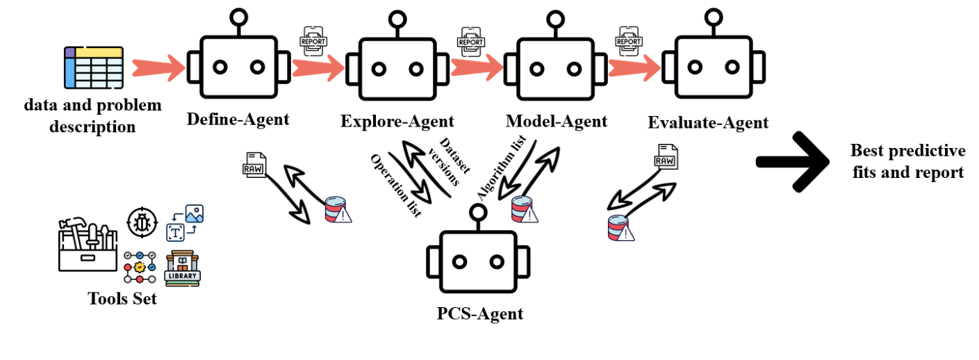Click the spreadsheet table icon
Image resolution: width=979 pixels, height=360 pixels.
pyautogui.click(x=94, y=67)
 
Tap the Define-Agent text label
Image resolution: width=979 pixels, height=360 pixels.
pyautogui.click(x=238, y=119)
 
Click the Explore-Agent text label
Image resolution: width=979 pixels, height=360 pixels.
pyautogui.click(x=397, y=122)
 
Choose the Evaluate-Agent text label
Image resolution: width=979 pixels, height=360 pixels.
pyautogui.click(x=708, y=123)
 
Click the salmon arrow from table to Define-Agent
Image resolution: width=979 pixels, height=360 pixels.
pyautogui.click(x=157, y=67)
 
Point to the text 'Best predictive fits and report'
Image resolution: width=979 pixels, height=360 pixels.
pyautogui.click(x=907, y=161)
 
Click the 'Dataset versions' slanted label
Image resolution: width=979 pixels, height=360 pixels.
pyautogui.click(x=445, y=162)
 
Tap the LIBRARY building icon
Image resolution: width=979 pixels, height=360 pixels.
pyautogui.click(x=183, y=268)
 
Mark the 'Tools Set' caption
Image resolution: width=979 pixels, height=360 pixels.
pyautogui.click(x=122, y=299)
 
